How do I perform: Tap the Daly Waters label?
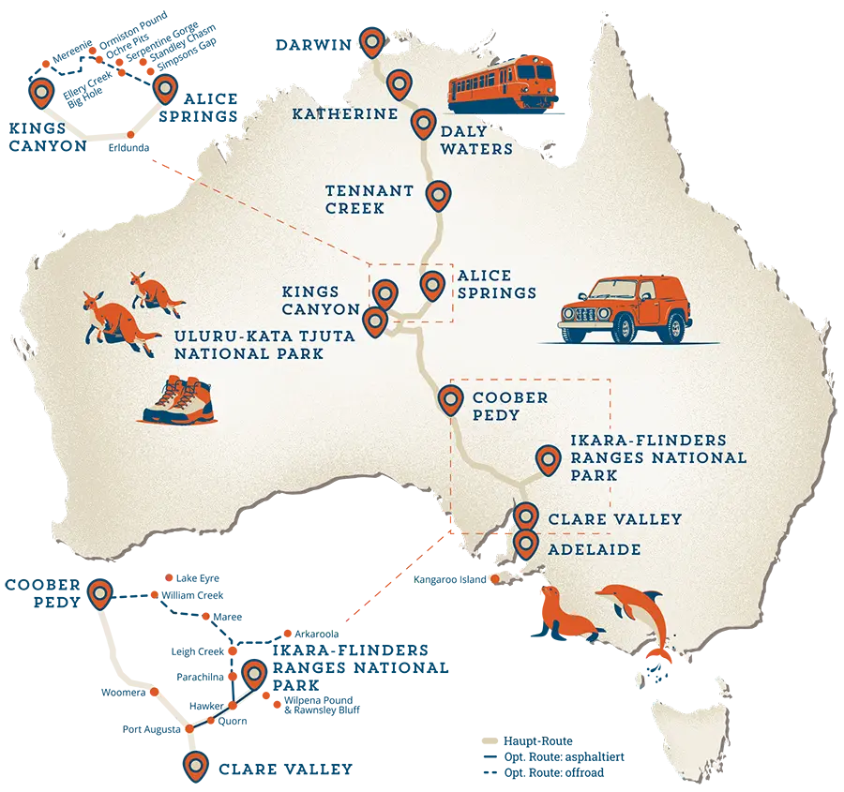click(x=476, y=141)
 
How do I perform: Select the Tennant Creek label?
click(x=369, y=199)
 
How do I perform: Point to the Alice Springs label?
click(x=497, y=284)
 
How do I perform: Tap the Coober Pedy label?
click(x=510, y=405)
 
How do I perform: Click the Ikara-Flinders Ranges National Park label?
click(x=658, y=458)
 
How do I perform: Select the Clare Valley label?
click(x=614, y=518)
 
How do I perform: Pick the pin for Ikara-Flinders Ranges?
click(x=547, y=458)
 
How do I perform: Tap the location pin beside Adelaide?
click(x=525, y=542)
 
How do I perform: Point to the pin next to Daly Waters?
click(x=423, y=122)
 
